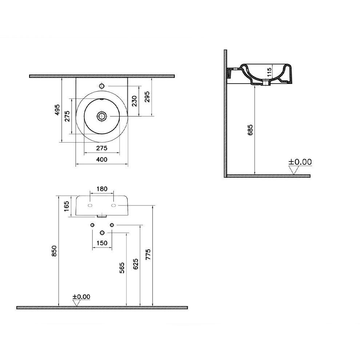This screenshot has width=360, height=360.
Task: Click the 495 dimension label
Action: (x=57, y=109)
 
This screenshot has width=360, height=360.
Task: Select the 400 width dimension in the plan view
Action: (x=102, y=159)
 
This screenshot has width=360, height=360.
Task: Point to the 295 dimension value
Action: (x=147, y=97)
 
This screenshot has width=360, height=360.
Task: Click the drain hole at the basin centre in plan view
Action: (x=101, y=116)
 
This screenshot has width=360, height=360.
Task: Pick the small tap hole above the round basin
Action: (x=102, y=86)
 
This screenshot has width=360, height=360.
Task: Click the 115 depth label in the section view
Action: (x=269, y=72)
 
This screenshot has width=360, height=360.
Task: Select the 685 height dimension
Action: (x=250, y=130)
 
